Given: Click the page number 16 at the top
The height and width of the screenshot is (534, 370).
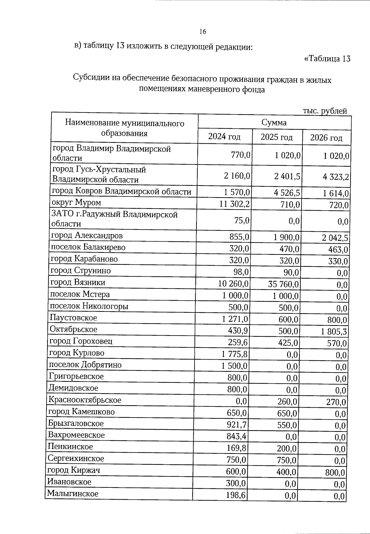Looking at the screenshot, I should (x=203, y=32).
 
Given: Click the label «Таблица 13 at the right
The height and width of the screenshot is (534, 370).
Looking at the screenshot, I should (x=327, y=59).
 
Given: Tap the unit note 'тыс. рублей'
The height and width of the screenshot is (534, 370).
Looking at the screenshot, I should (x=325, y=111).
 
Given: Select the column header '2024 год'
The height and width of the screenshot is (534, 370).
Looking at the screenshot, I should (x=224, y=137).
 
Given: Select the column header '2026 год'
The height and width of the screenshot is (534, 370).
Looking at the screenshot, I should (x=326, y=138).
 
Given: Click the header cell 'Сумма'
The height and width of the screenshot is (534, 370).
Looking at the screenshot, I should (x=274, y=123).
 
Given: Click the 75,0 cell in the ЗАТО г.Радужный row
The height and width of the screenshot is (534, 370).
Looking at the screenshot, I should (x=244, y=221).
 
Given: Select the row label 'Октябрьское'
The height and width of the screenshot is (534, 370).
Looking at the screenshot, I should (x=73, y=329).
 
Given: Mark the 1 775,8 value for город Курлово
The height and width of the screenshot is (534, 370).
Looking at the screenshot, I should (x=235, y=354).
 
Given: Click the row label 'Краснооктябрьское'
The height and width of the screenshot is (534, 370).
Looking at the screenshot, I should (x=85, y=400).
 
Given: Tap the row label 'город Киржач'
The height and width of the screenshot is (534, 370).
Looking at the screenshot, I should (x=74, y=470).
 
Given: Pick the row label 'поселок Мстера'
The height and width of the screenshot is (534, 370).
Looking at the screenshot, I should (x=80, y=295).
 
